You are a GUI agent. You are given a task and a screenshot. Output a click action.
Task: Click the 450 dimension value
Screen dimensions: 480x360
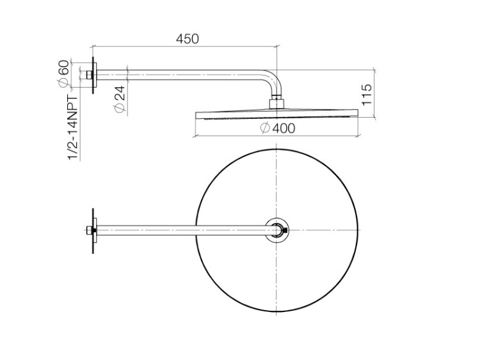(x=188, y=39)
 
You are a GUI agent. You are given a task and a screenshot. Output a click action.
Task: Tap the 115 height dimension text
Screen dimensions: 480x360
(x=367, y=95)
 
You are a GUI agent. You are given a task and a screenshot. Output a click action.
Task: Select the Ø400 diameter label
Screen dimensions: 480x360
(x=278, y=128)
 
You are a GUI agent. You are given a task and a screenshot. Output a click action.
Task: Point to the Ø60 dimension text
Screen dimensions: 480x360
(x=63, y=74)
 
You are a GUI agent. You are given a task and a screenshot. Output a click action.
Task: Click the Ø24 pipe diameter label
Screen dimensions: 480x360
(x=120, y=99)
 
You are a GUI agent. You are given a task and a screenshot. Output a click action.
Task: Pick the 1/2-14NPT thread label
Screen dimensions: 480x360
(x=73, y=127)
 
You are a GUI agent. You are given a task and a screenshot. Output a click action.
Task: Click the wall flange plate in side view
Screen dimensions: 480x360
(x=94, y=75)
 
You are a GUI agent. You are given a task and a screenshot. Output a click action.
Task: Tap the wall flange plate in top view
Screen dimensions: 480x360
(x=94, y=231)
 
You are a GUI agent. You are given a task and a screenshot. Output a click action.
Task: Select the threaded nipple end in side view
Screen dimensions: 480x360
(x=90, y=75)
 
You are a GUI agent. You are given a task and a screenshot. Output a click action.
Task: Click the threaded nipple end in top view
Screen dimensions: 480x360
(x=90, y=231)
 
